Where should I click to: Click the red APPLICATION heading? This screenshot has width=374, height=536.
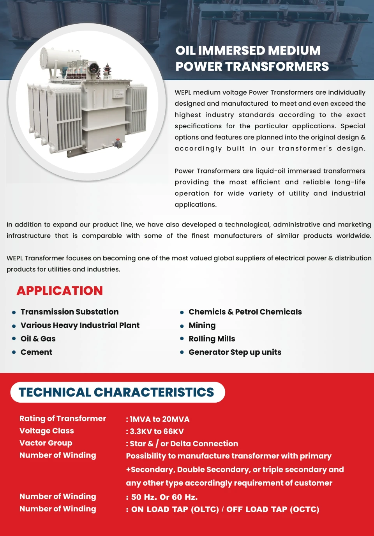(60, 291)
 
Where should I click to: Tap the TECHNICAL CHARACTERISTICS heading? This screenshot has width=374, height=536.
(116, 392)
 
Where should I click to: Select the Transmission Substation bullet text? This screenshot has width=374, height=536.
(69, 312)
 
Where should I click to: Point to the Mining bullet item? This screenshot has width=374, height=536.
(202, 325)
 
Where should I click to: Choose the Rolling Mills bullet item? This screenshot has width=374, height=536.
(212, 339)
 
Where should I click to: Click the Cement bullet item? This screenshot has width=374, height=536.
(36, 352)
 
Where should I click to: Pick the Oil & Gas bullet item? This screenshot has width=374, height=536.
(38, 339)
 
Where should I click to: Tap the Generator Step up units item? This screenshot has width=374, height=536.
(235, 352)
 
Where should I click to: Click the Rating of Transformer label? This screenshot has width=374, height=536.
(63, 419)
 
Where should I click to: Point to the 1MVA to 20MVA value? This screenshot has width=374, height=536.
(159, 419)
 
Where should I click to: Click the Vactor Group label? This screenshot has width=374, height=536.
(46, 443)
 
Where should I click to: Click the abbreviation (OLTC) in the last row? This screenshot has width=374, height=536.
(205, 509)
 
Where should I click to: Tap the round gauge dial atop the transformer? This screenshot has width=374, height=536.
(93, 68)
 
